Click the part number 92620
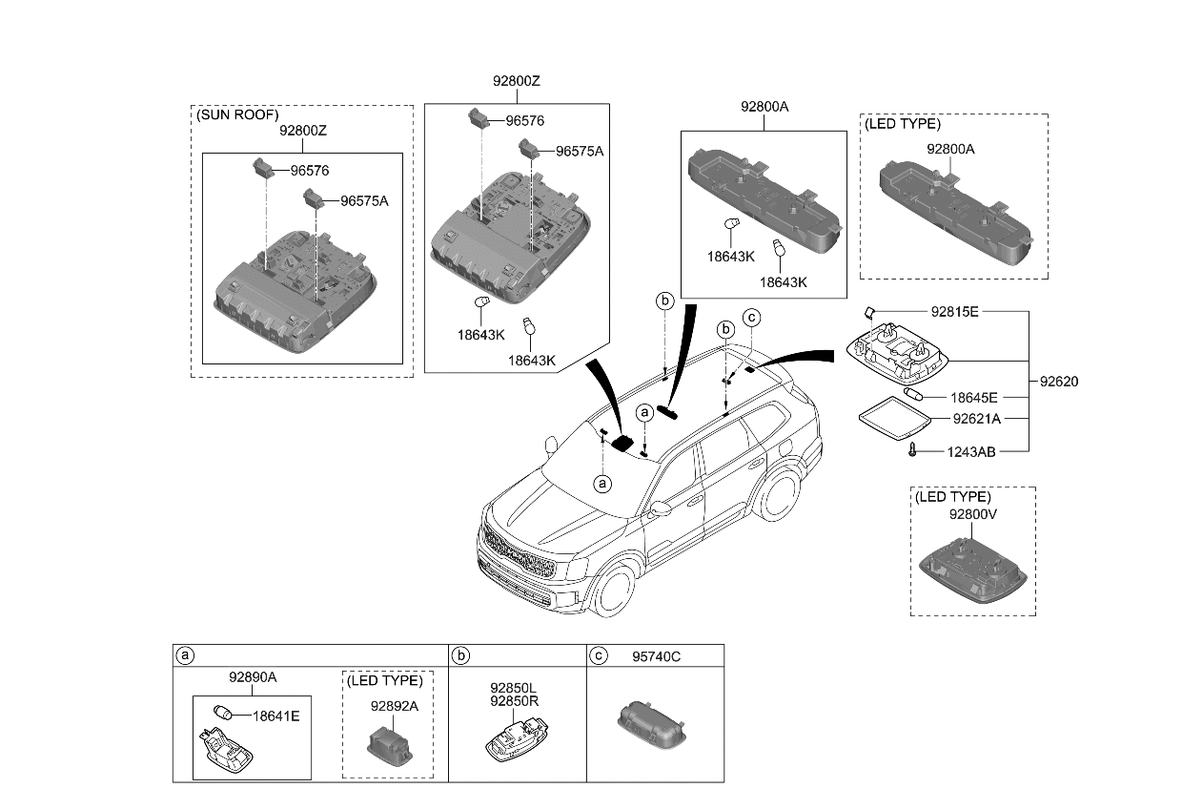1058,381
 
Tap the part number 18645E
973,397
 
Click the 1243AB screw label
972,452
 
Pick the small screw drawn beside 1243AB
912,451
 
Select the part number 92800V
971,513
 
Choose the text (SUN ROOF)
236,114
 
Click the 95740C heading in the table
656,656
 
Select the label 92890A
252,677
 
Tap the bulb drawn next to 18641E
225,713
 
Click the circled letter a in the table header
186,656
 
